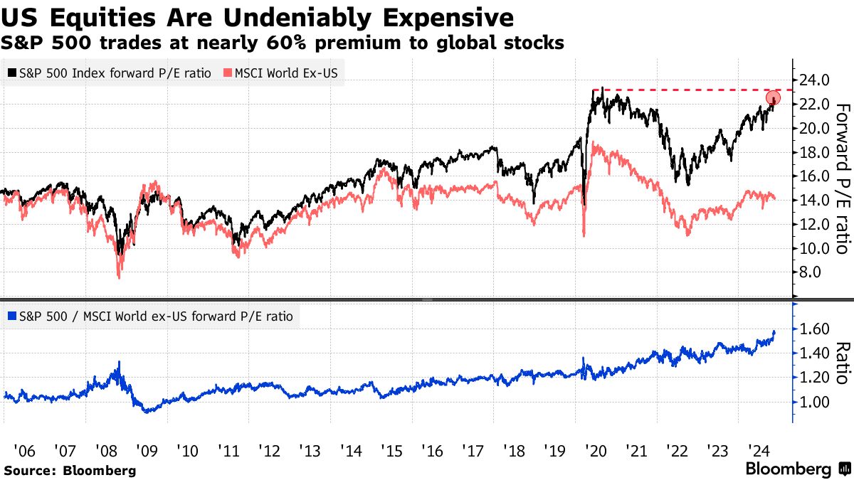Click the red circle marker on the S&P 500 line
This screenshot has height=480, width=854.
click(774, 98)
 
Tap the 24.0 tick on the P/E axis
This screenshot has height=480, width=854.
click(813, 80)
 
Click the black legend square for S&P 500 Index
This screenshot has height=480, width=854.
click(12, 73)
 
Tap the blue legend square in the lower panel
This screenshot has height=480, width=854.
click(12, 316)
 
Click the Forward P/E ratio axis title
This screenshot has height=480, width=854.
click(842, 178)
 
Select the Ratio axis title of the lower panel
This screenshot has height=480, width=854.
click(842, 363)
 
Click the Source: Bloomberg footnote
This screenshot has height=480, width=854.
click(69, 470)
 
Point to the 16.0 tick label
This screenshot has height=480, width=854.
click(813, 176)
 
